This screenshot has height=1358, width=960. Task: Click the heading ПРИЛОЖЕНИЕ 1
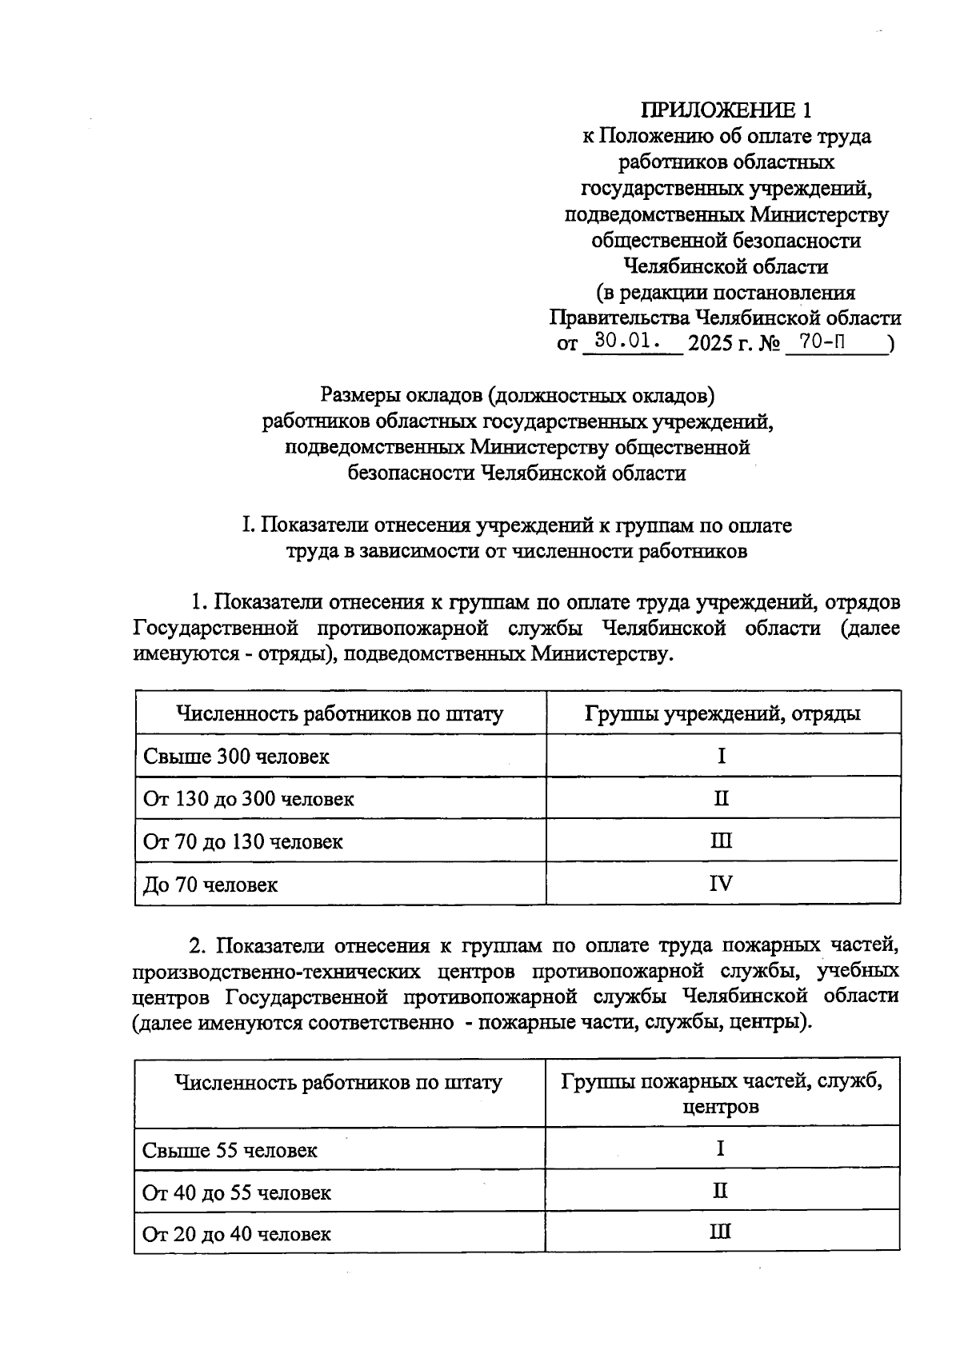tap(726, 110)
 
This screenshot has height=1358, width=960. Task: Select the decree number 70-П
tap(825, 342)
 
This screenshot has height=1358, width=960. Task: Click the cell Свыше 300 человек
tap(236, 756)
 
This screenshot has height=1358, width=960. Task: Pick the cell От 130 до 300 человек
tap(248, 798)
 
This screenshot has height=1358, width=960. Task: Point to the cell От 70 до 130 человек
tap(242, 841)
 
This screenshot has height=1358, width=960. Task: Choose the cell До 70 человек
tap(210, 885)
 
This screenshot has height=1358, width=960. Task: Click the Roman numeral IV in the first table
tap(721, 884)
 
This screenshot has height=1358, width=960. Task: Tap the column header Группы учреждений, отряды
tap(722, 713)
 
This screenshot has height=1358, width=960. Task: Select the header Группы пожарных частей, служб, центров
tap(722, 1094)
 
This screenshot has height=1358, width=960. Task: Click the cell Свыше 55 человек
tap(230, 1150)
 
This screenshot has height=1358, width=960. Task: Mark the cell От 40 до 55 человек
tap(237, 1192)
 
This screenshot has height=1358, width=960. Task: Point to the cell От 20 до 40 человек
tap(237, 1234)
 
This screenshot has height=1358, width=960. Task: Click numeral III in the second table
tap(720, 1232)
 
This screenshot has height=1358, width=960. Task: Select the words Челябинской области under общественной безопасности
tap(726, 266)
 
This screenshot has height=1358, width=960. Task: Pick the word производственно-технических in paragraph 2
tap(276, 972)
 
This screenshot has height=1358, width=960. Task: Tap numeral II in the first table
tap(721, 798)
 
